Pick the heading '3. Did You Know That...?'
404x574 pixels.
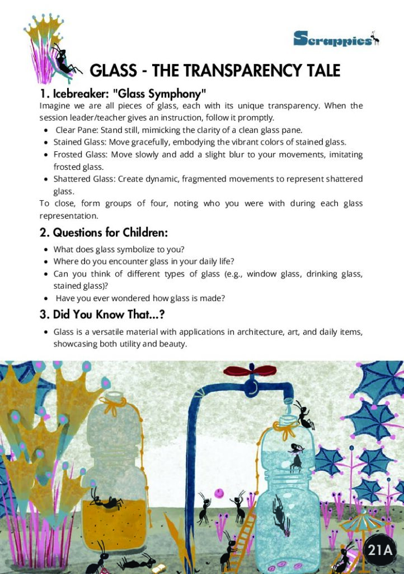pos(106,314)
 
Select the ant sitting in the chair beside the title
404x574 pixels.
pos(63,59)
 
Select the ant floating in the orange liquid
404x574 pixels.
pos(106,501)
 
